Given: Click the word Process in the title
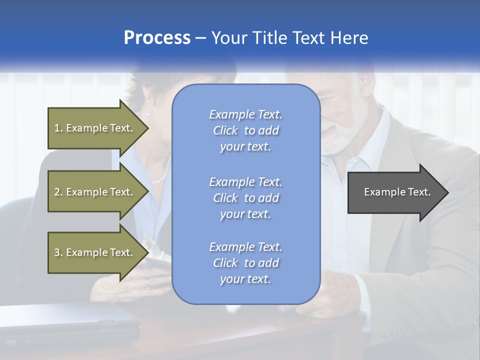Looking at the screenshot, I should [157, 37].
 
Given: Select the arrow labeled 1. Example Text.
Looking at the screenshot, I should [95, 128].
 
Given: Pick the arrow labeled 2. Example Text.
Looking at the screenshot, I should [95, 192].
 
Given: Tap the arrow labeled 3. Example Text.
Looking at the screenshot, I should [95, 252].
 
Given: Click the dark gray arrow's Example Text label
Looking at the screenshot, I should [397, 192].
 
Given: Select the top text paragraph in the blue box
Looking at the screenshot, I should [245, 130].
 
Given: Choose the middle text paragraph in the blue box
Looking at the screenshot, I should [245, 197].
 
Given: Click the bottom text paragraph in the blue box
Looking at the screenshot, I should [245, 263].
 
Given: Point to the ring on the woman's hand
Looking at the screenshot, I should [147, 282].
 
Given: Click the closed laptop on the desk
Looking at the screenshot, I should [70, 320].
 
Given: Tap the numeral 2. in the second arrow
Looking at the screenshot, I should [58, 192].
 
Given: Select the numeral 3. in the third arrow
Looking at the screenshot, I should [58, 252].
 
